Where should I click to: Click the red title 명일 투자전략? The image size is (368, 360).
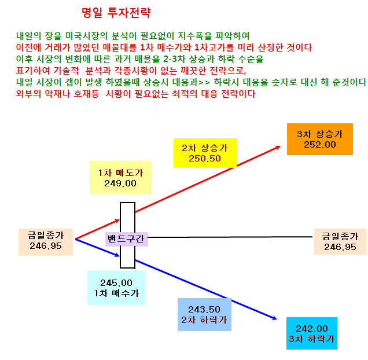(116, 13)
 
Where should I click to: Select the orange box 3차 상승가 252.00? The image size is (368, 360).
(319, 139)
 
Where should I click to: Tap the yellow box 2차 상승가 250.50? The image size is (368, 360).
(205, 153)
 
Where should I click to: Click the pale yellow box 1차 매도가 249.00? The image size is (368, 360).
(120, 178)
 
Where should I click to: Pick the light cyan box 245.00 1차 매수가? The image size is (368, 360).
(116, 288)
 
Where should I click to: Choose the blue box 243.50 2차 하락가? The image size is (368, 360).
(204, 314)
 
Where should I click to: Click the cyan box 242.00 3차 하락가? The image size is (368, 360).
(312, 333)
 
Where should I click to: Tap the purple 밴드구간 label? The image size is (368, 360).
(127, 239)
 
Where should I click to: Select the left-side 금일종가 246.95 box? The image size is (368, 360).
(46, 242)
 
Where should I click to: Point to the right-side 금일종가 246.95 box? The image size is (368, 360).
(340, 241)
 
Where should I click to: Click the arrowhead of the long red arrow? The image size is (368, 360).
(278, 147)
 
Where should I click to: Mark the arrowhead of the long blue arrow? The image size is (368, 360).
(275, 318)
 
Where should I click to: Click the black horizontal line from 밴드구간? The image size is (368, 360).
(230, 237)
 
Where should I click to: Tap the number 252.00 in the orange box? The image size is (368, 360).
(319, 145)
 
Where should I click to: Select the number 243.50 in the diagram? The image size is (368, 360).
(204, 310)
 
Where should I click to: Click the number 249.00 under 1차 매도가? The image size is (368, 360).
(120, 183)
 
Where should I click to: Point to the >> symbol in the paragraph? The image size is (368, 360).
(204, 82)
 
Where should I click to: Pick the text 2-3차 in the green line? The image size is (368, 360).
(174, 59)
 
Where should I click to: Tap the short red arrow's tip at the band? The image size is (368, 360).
(119, 220)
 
